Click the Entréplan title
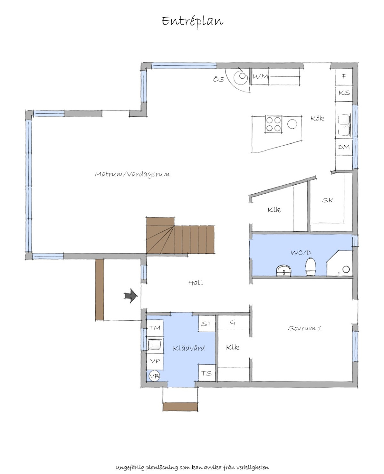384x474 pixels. click(192, 22)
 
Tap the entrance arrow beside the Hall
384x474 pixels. click(131, 296)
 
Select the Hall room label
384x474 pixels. click(195, 283)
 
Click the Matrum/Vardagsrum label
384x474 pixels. click(132, 174)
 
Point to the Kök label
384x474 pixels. click(317, 118)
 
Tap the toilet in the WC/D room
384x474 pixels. click(311, 267)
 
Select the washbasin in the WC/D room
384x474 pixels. click(284, 270)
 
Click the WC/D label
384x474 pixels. click(301, 253)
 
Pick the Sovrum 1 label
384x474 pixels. click(305, 328)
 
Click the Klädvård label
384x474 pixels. click(189, 348)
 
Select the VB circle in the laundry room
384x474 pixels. click(154, 376)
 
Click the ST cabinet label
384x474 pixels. click(206, 324)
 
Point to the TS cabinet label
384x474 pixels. click(206, 373)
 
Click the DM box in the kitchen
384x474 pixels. click(344, 147)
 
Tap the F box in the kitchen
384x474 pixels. click(344, 76)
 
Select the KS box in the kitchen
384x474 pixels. click(344, 93)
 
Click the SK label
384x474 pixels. click(328, 200)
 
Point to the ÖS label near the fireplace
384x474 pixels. click(219, 79)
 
